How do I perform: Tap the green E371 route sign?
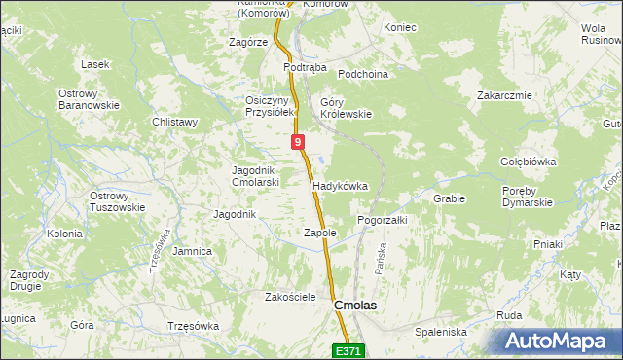click(x=349, y=350)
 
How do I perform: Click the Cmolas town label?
click(x=355, y=305)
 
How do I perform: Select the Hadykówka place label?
click(x=340, y=185)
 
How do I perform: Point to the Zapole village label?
click(x=320, y=234)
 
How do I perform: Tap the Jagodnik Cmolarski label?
click(x=256, y=176)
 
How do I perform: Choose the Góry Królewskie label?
click(x=347, y=107)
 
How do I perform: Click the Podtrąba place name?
click(x=302, y=68)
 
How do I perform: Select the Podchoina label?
click(x=363, y=74)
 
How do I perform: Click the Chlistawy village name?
click(x=175, y=122)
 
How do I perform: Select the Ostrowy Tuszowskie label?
click(x=117, y=201)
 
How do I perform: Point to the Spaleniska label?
click(x=441, y=332)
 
